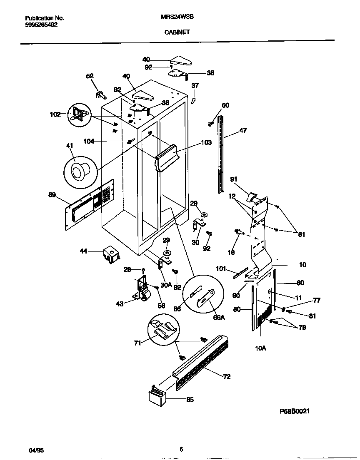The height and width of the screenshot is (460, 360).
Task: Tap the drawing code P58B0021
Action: (295, 411)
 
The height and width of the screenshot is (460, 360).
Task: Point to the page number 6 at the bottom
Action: (181, 449)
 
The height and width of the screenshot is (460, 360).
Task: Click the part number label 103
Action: (206, 142)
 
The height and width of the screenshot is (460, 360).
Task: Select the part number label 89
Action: (52, 194)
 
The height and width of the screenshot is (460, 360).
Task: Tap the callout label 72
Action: (227, 377)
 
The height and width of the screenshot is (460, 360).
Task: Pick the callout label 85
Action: (190, 400)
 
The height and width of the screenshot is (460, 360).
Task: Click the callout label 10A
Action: (260, 348)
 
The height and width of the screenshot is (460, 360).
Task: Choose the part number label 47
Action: (243, 131)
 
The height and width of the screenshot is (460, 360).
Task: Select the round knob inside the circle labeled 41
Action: (80, 171)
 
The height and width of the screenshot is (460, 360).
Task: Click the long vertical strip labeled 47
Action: (221, 154)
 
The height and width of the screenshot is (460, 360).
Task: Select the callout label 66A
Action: (219, 318)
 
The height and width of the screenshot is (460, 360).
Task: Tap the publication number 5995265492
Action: (41, 25)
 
